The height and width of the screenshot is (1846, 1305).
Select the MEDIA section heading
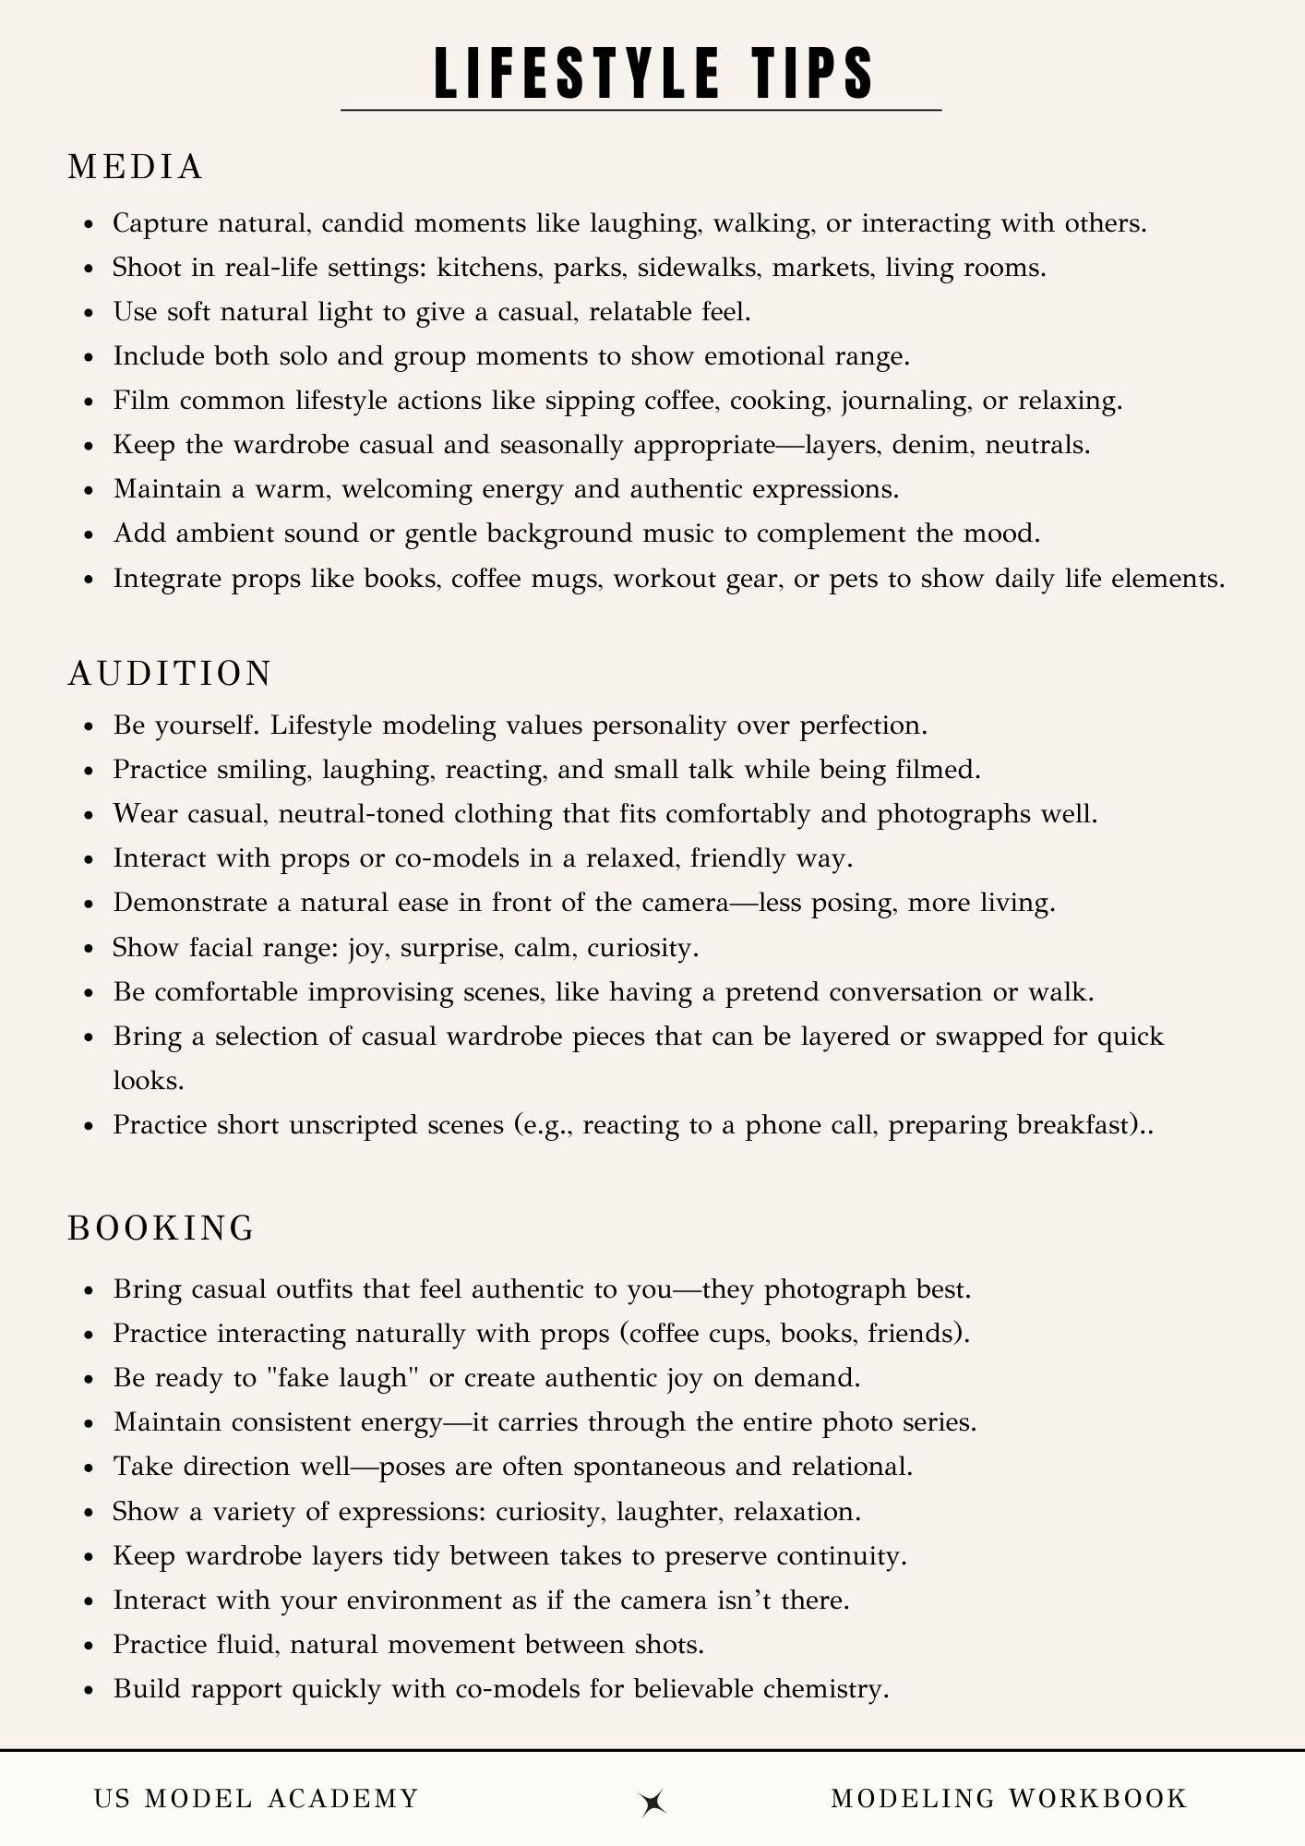pos(136,167)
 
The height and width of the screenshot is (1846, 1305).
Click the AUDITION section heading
pos(170,673)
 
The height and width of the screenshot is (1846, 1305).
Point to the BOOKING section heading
pos(162,1228)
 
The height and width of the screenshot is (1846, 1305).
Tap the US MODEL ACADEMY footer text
pos(257,1798)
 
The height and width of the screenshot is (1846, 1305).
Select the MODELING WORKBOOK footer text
pos(1009,1798)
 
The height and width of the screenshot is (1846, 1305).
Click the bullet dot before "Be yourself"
pos(89,727)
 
